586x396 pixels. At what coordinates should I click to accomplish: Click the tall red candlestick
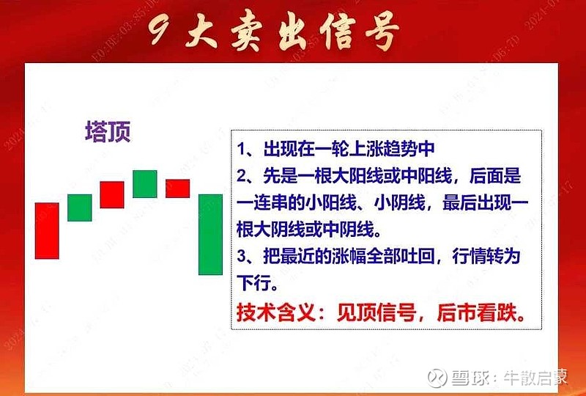(47, 230)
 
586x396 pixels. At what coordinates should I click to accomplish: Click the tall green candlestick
(210, 234)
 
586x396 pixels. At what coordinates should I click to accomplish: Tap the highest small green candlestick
(145, 183)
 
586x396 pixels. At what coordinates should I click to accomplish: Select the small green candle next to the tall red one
(80, 208)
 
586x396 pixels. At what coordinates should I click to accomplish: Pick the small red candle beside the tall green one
(177, 188)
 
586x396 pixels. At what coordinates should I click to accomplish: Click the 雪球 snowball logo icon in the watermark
(438, 377)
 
